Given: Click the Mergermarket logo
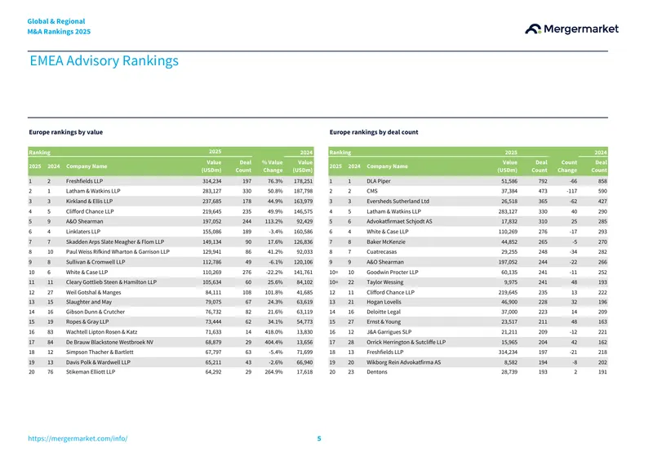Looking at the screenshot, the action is coord(571,29).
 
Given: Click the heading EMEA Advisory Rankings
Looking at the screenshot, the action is coord(104,61).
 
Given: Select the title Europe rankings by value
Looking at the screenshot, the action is coord(66,132).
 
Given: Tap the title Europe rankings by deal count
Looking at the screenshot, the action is coord(374,132).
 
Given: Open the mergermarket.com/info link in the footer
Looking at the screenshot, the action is coord(78,438).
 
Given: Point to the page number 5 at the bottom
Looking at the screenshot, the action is coord(319,438).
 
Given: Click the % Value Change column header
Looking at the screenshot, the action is coord(273,166).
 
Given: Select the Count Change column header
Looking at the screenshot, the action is coord(567,166).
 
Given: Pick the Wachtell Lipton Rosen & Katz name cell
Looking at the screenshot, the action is coord(101,332).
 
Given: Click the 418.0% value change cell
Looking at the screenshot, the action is coord(273,332).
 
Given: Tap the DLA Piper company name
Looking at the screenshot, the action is coord(379,181).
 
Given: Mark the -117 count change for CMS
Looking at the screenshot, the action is coord(572,191).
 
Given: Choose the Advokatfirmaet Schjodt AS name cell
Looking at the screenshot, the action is coord(399,222).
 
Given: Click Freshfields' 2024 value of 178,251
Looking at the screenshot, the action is coord(303,181).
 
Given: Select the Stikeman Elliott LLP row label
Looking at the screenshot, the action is coord(91,372).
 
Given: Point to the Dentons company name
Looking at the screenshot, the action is coord(377,372).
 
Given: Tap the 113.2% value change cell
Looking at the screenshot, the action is coord(273,222).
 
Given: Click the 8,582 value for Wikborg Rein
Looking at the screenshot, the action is coord(509,362).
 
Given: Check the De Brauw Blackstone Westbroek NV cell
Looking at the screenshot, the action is coord(109,343).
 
